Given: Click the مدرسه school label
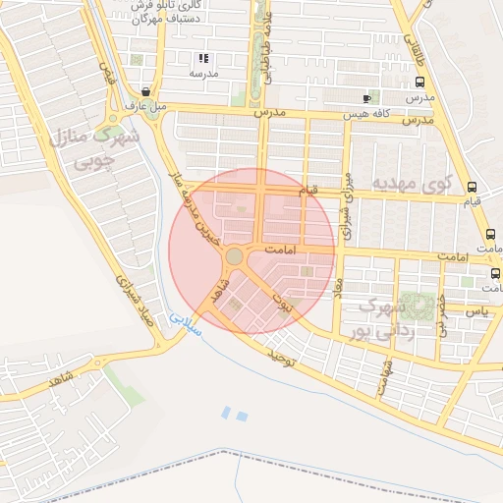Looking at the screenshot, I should pos(203,74).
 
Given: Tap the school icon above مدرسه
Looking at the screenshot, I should pos(203,59).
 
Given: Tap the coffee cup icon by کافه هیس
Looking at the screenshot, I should pos(366,98).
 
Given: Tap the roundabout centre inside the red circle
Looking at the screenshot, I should pos(234,256).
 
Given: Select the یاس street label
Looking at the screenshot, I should pos(478,310).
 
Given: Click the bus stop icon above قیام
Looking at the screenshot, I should pos(474,187).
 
